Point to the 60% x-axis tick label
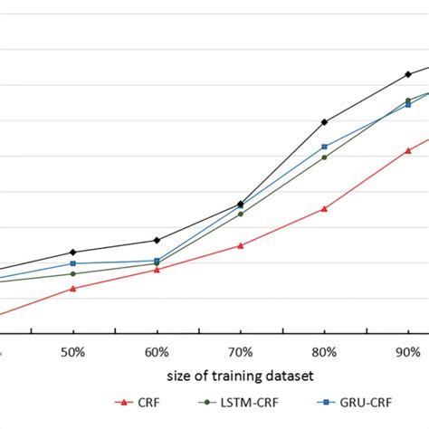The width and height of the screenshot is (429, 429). pyautogui.click(x=157, y=349)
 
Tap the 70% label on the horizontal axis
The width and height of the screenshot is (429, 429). pyautogui.click(x=241, y=349)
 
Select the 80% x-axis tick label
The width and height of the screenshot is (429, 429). pyautogui.click(x=325, y=349)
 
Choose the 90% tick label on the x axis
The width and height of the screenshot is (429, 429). pyautogui.click(x=408, y=349)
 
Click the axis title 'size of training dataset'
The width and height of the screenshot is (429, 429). pyautogui.click(x=241, y=373)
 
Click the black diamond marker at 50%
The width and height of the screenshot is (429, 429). pyautogui.click(x=73, y=252)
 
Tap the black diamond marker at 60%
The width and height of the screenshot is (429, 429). pyautogui.click(x=157, y=240)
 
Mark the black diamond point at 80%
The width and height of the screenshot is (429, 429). pyautogui.click(x=325, y=121)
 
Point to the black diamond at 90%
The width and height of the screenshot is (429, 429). pyautogui.click(x=408, y=74)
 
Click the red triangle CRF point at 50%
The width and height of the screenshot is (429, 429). pyautogui.click(x=73, y=289)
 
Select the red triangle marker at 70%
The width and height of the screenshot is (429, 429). pyautogui.click(x=241, y=245)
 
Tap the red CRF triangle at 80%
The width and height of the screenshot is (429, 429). pyautogui.click(x=325, y=208)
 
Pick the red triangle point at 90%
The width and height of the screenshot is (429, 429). pyautogui.click(x=408, y=150)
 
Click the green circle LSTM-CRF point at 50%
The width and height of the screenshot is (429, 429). pyautogui.click(x=73, y=273)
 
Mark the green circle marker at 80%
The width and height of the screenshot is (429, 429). pyautogui.click(x=325, y=157)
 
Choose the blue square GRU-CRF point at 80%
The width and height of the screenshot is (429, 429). pyautogui.click(x=325, y=146)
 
